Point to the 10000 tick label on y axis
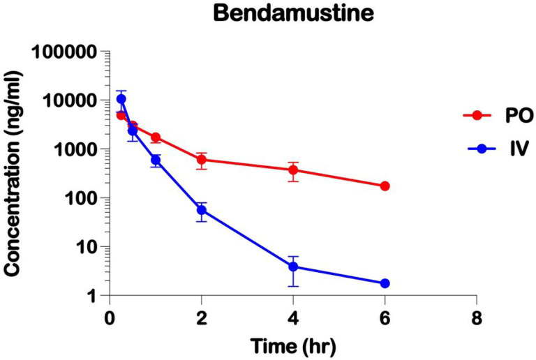(69, 100)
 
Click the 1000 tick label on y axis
(74, 149)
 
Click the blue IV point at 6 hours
(385, 283)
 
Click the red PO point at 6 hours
(385, 186)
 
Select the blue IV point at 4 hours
(293, 267)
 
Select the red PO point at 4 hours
(293, 170)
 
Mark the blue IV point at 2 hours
(201, 210)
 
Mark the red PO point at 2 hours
(201, 160)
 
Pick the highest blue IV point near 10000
(121, 98)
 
